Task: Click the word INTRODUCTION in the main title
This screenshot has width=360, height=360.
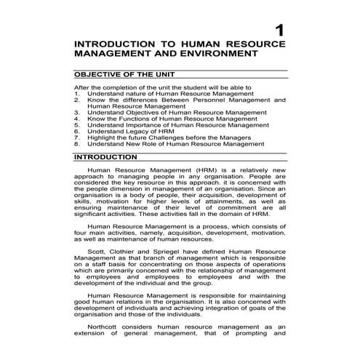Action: (x=117, y=46)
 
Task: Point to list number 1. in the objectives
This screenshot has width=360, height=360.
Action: (x=78, y=92)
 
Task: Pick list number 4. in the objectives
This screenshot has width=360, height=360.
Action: (x=78, y=119)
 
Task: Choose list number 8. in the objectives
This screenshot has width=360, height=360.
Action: (x=78, y=144)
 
